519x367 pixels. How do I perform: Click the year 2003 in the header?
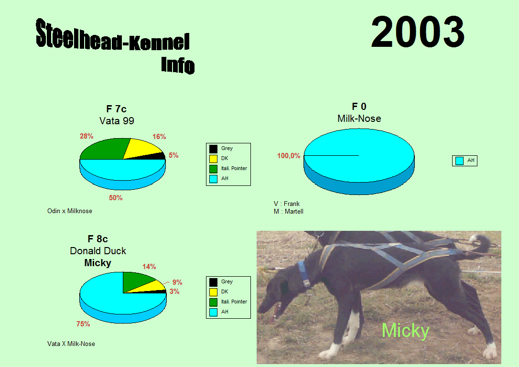coord(418,32)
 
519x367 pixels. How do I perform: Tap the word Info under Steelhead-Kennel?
coord(178,65)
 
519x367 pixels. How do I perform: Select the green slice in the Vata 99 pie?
coord(103,149)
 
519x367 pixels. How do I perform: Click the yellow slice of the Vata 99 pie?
coord(143,147)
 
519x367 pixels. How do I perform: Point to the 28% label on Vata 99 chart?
coord(86,136)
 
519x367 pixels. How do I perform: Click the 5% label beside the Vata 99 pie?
coord(173,155)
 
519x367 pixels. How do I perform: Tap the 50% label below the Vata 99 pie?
coord(116,198)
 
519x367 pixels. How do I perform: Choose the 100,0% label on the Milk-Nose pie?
coord(289,155)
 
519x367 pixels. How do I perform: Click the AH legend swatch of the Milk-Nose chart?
coord(459,161)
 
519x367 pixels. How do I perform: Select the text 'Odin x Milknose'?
coord(69,211)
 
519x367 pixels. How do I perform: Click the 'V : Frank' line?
coord(287,204)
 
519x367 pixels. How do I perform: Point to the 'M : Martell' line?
coord(288,212)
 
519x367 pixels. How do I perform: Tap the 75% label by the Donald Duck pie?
coord(83,324)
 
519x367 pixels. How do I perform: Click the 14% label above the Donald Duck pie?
coord(149,266)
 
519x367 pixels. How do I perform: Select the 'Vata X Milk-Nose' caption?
coord(71,344)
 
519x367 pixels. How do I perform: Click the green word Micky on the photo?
coord(405,330)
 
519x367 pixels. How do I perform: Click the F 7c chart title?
coord(116,109)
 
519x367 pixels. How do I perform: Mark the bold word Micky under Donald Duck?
coord(97,263)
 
